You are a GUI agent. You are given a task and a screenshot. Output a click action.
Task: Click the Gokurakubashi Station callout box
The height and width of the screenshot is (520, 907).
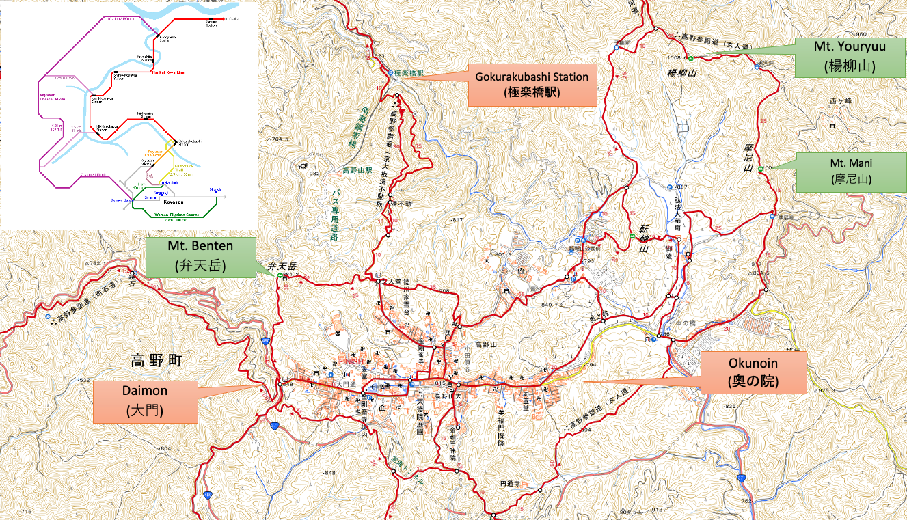coord(531,85)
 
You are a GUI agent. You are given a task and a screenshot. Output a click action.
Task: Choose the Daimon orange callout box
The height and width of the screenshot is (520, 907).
coord(146,400)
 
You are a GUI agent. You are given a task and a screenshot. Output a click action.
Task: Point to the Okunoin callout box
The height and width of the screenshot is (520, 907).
coord(754,372)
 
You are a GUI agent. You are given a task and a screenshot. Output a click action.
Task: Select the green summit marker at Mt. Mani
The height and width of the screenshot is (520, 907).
coord(761,168)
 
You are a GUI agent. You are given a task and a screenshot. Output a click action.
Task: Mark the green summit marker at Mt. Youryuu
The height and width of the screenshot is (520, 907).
coord(690,58)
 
